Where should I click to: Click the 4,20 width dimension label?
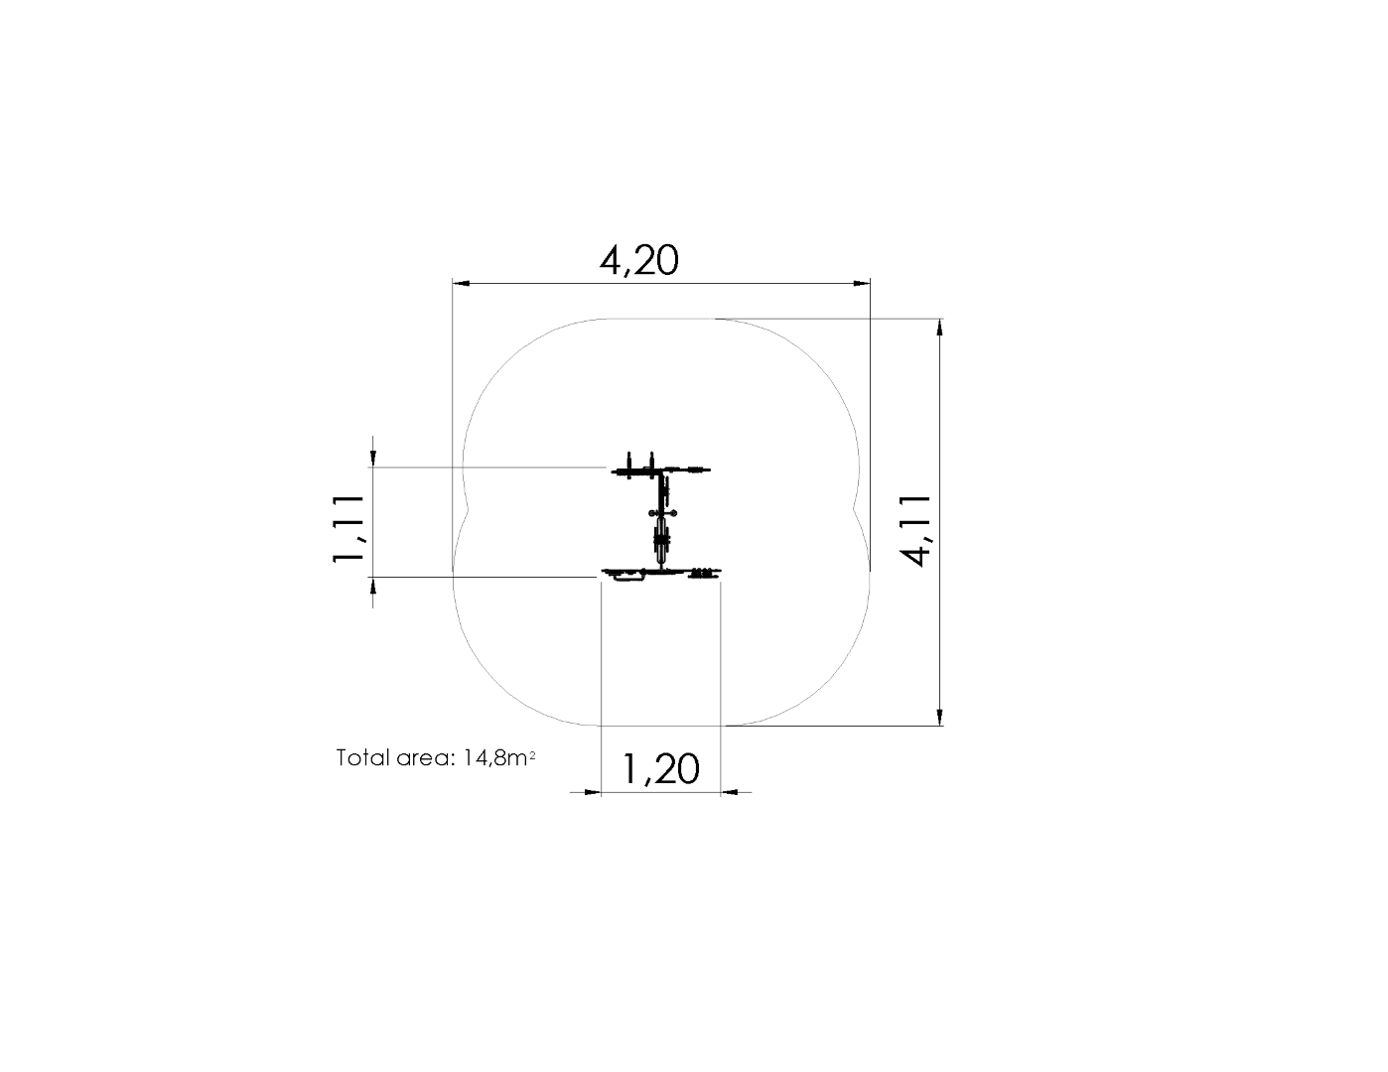click(x=638, y=260)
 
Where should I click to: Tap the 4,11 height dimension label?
click(x=914, y=530)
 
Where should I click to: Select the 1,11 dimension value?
click(x=348, y=528)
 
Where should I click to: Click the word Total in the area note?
click(x=362, y=758)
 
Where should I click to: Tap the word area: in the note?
click(x=425, y=759)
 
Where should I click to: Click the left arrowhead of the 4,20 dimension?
click(x=461, y=283)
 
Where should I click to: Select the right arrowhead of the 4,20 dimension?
click(x=862, y=283)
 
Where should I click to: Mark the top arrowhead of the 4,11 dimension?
click(x=939, y=327)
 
